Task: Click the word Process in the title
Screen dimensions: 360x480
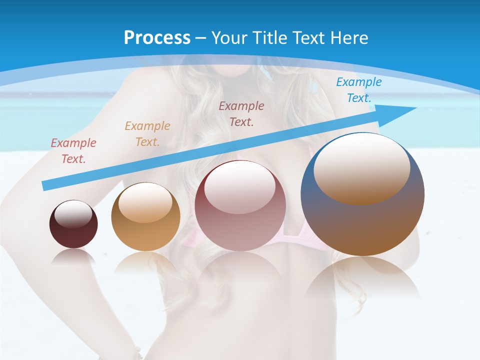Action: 157,38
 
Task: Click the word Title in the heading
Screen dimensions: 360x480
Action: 268,38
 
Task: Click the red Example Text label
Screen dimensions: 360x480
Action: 73,151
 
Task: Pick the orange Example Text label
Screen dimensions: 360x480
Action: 147,134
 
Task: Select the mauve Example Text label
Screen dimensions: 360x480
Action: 241,113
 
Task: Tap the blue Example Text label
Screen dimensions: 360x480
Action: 359,90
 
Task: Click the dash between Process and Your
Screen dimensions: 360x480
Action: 201,38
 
